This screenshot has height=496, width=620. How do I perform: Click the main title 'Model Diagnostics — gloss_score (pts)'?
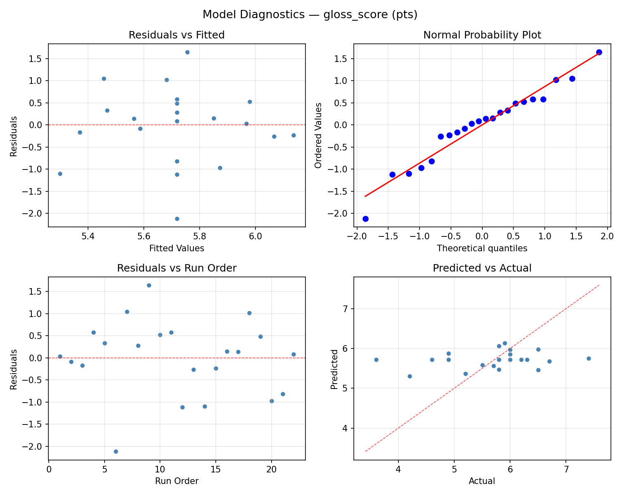click(x=310, y=15)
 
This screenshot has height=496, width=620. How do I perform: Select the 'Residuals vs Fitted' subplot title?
click(x=176, y=35)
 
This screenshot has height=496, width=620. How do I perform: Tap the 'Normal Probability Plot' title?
click(x=482, y=35)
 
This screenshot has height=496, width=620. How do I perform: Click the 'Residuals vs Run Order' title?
click(x=176, y=268)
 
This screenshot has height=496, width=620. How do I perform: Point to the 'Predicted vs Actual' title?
click(x=482, y=268)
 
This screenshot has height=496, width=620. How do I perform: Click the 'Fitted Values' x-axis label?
click(x=176, y=248)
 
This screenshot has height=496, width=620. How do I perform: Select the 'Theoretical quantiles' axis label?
click(x=482, y=248)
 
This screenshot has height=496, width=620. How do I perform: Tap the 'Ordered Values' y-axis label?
click(x=318, y=136)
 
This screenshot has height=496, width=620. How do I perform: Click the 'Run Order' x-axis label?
click(x=176, y=481)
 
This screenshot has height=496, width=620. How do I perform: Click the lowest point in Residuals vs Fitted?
click(x=177, y=219)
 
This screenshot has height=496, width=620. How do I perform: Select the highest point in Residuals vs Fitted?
click(x=187, y=52)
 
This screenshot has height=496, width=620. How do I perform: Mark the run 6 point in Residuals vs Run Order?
click(x=116, y=451)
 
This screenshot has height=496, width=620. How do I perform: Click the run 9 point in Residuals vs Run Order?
click(x=149, y=285)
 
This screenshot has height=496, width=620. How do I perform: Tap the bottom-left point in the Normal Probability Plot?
click(x=365, y=219)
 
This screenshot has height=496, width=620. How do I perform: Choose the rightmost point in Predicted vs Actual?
click(x=589, y=358)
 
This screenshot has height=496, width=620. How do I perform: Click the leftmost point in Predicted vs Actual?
click(x=376, y=360)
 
